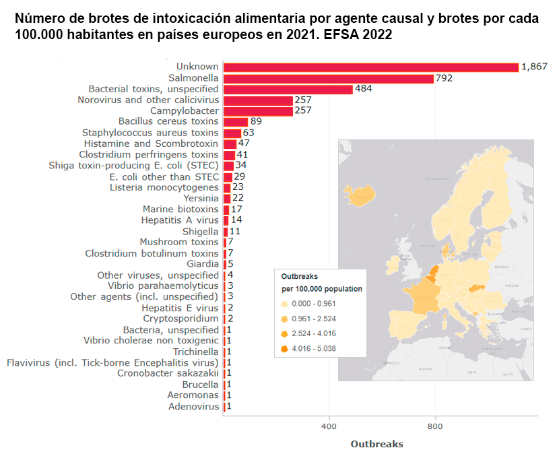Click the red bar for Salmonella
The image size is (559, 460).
(329, 78)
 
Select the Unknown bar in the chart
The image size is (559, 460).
(370, 67)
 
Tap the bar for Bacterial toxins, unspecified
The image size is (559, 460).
(288, 89)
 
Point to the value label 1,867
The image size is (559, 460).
(534, 67)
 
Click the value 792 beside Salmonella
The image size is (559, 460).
(444, 78)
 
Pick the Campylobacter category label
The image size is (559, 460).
(184, 110)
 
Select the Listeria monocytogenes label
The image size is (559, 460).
(164, 187)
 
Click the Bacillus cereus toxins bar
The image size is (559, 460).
(236, 122)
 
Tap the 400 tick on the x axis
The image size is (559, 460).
(329, 426)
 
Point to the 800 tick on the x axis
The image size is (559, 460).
(435, 426)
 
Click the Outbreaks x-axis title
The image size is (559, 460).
(376, 445)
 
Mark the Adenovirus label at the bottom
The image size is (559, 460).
(193, 407)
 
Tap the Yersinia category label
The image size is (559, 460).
(201, 198)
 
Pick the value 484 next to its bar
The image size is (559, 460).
(364, 89)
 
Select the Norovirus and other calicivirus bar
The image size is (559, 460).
(258, 100)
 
